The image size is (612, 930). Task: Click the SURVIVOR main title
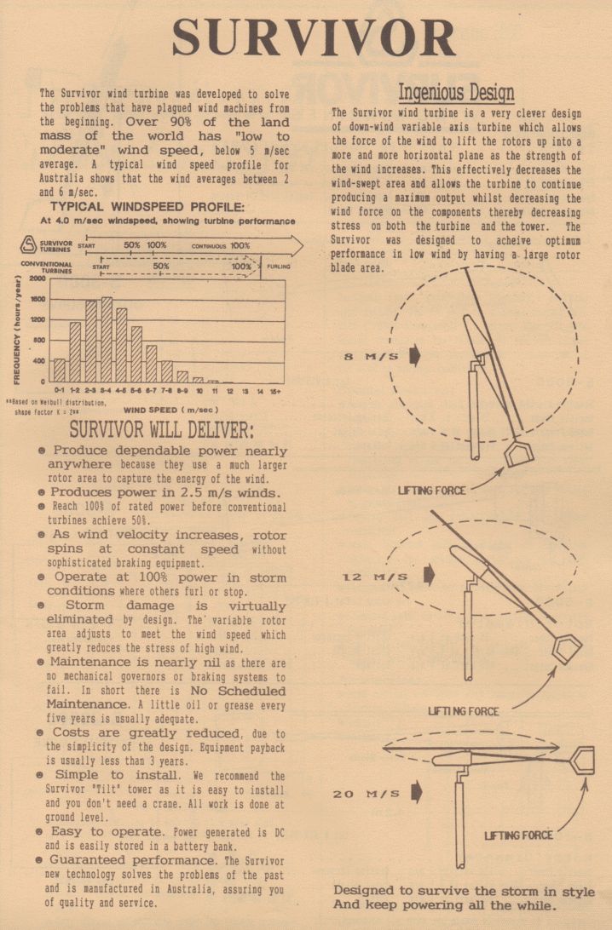pos(314,38)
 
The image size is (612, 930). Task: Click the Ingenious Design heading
pos(456,92)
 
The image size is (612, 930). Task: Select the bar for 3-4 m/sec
pos(107,341)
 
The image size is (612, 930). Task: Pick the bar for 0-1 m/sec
pos(59,370)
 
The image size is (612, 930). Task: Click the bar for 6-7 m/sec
pos(151,364)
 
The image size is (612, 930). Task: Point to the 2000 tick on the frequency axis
pos(36,279)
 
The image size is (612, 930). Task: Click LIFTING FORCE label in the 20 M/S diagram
pos(518,835)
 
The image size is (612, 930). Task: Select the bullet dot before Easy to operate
pos(42,831)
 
